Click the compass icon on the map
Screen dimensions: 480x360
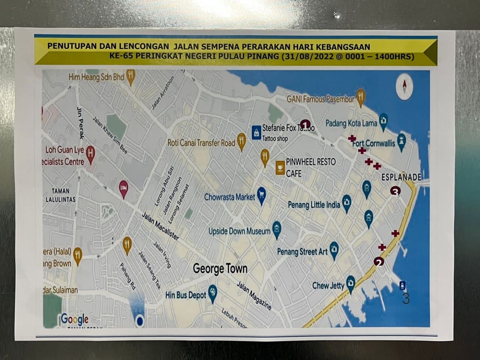(405, 87)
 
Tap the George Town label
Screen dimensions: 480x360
(220, 269)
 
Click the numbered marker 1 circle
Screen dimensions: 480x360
(305, 125)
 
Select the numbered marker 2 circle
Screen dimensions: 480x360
(379, 262)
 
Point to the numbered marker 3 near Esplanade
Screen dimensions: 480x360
(395, 191)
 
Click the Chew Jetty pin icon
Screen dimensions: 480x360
(351, 283)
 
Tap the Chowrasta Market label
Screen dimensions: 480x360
(230, 197)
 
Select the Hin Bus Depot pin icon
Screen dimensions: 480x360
(213, 293)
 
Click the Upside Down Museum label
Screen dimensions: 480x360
(239, 231)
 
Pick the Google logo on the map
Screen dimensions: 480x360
(74, 319)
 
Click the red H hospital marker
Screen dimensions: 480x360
(91, 154)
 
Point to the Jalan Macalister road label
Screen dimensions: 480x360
(160, 226)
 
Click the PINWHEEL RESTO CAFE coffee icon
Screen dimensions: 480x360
(280, 168)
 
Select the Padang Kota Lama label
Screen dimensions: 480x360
(351, 123)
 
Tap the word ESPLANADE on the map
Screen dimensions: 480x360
(401, 177)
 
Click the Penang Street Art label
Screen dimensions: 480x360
(302, 252)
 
